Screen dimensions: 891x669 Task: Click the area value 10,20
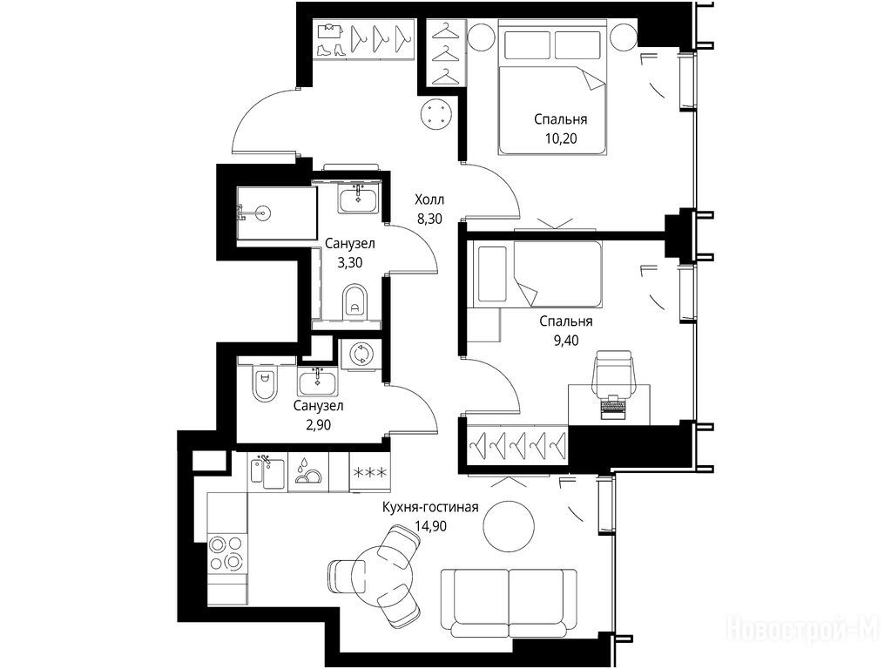point(561,139)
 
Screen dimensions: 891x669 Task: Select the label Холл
point(429,199)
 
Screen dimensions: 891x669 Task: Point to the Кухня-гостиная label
point(430,507)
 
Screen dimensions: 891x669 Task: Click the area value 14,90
point(431,527)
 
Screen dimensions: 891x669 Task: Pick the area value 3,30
point(350,262)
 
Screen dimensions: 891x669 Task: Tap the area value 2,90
point(318,424)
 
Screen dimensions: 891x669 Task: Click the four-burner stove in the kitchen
point(226,554)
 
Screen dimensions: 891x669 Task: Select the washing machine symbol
point(361,355)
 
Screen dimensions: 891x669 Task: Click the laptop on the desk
point(613,406)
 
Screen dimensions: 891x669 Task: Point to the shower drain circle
point(262,213)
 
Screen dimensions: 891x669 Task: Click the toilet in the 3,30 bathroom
point(355,301)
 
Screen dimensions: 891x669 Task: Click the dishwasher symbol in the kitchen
point(308,471)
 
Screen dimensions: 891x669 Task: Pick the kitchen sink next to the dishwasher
point(267,471)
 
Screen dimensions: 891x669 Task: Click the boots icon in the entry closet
point(331,50)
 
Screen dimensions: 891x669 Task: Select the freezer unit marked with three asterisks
point(370,472)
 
